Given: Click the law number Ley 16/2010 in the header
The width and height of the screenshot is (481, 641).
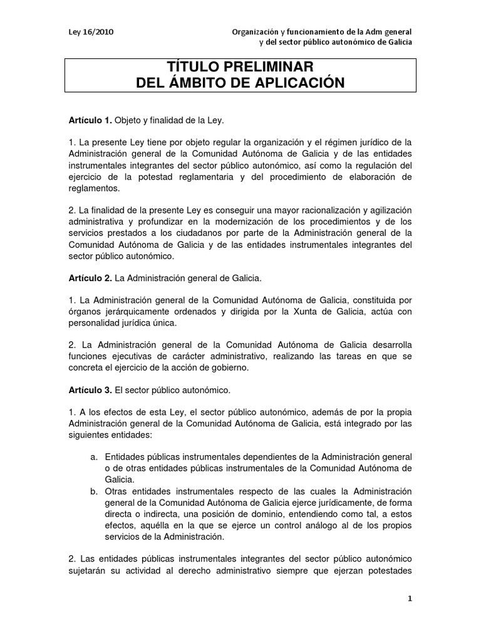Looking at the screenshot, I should [91, 31].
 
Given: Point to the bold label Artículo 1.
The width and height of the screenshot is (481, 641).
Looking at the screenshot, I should [90, 119].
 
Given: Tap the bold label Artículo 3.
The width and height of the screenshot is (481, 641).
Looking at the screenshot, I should [90, 391].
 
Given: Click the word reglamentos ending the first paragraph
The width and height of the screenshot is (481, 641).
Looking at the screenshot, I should [94, 187].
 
